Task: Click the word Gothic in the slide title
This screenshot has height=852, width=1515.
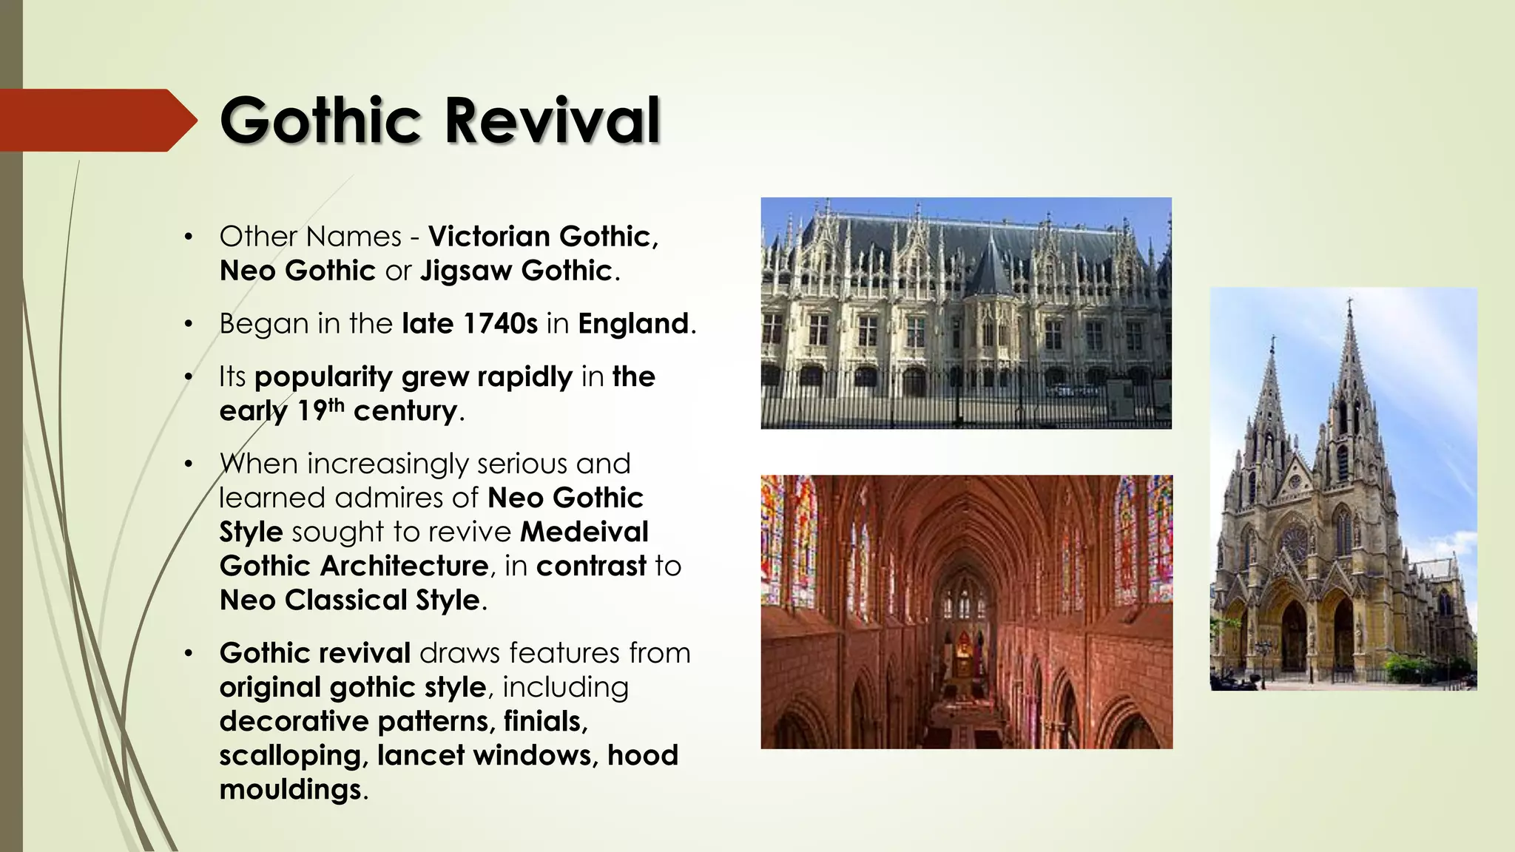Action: (x=320, y=121)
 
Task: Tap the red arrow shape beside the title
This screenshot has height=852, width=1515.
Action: (x=96, y=120)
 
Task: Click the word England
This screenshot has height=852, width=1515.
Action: (x=633, y=324)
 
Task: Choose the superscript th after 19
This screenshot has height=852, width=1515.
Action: (x=337, y=405)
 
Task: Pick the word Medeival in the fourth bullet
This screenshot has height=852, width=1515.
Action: (x=584, y=532)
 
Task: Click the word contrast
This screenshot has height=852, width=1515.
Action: (x=591, y=566)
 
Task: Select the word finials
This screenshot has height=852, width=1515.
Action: (x=544, y=721)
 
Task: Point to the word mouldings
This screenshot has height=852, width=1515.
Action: (x=290, y=789)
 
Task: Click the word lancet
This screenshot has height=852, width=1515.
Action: (x=421, y=755)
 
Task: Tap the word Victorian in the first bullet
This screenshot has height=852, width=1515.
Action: (x=490, y=237)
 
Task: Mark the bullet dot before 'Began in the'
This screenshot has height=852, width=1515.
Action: (x=189, y=324)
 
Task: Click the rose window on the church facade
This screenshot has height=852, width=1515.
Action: (x=1295, y=544)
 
